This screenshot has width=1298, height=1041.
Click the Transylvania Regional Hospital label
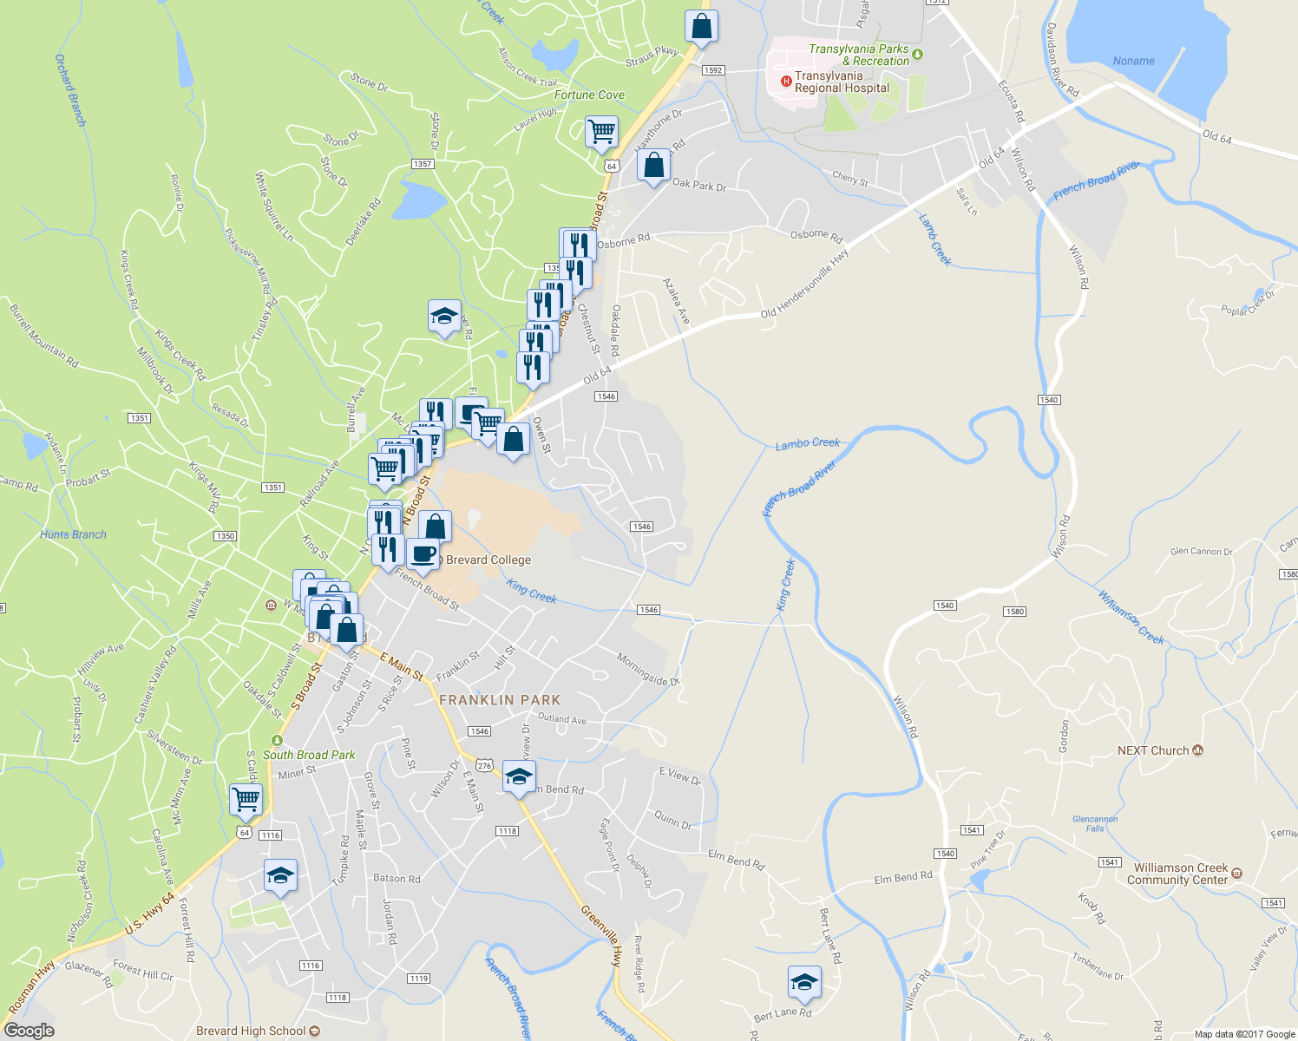[x=842, y=82]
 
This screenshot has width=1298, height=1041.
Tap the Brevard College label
[x=488, y=560]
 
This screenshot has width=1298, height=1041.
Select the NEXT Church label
[x=1153, y=750]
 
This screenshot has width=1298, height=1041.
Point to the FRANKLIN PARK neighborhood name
[x=500, y=699]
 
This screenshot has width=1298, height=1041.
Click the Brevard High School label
[x=251, y=1031]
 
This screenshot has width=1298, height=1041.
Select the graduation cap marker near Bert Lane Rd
[x=804, y=982]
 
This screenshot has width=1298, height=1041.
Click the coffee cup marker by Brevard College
[x=423, y=553]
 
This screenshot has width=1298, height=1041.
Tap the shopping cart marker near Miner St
[x=246, y=798]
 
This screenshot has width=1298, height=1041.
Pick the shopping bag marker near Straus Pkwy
[x=701, y=26]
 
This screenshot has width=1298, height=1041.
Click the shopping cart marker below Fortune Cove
[x=601, y=132]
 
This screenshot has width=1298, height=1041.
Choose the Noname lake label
[x=1133, y=61]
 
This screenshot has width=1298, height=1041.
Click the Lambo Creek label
[x=807, y=443]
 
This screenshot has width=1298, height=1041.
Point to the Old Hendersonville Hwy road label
[x=804, y=284]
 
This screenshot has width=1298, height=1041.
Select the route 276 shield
[x=484, y=765]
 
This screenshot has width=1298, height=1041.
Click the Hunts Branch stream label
[x=73, y=534]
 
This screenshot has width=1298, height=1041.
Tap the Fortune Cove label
[x=589, y=95]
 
